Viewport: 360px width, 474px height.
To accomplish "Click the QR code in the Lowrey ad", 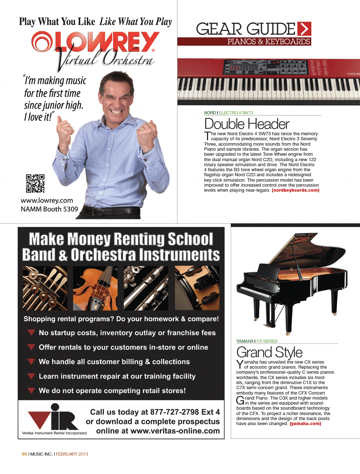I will [x=35, y=183].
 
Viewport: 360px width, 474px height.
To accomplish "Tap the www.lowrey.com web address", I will [x=47, y=201].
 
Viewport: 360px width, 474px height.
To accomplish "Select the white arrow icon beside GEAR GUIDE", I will [x=304, y=29].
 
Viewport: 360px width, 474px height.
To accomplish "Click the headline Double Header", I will [x=247, y=124].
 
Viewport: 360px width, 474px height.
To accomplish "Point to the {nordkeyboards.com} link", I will [x=295, y=190].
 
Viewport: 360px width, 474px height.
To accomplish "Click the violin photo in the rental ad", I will [x=95, y=288].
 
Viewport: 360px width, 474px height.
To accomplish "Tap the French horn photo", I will [x=45, y=288].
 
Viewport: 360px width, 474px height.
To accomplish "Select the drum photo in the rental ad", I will [x=197, y=288].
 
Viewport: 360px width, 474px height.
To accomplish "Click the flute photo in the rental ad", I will [x=146, y=288].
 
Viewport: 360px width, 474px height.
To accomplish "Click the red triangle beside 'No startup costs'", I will [x=31, y=333].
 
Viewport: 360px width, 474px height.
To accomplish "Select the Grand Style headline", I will [x=269, y=352].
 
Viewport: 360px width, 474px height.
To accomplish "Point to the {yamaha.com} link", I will [x=305, y=424].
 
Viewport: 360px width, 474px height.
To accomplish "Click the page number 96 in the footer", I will [x=24, y=454].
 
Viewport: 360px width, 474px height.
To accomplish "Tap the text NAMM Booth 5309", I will [x=49, y=209].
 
